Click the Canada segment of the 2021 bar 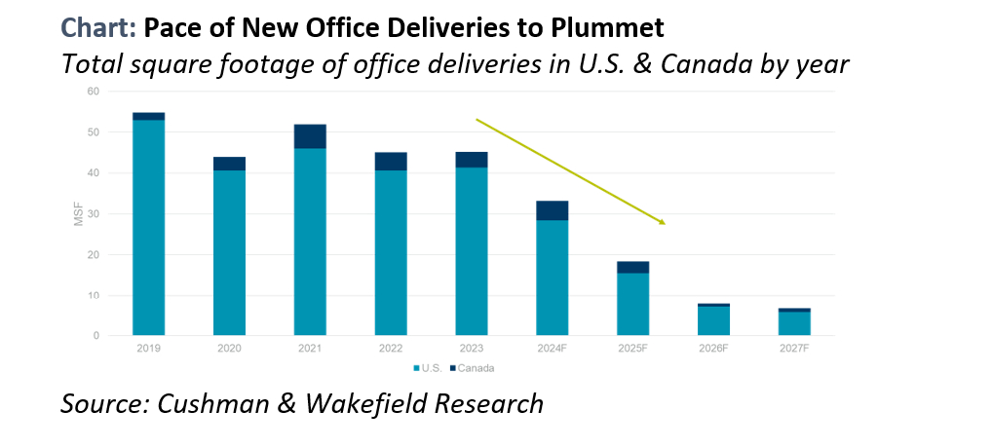(310, 135)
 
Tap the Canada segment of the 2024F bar (553, 210)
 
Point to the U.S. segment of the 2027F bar (794, 323)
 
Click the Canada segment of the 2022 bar (391, 161)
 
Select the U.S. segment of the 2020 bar (229, 253)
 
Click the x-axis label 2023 (472, 348)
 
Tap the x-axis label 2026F (713, 348)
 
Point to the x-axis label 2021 (310, 348)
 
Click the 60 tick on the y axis (93, 92)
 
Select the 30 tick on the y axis (93, 214)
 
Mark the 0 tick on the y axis (95, 336)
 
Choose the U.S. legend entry (430, 368)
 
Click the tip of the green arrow (665, 224)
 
